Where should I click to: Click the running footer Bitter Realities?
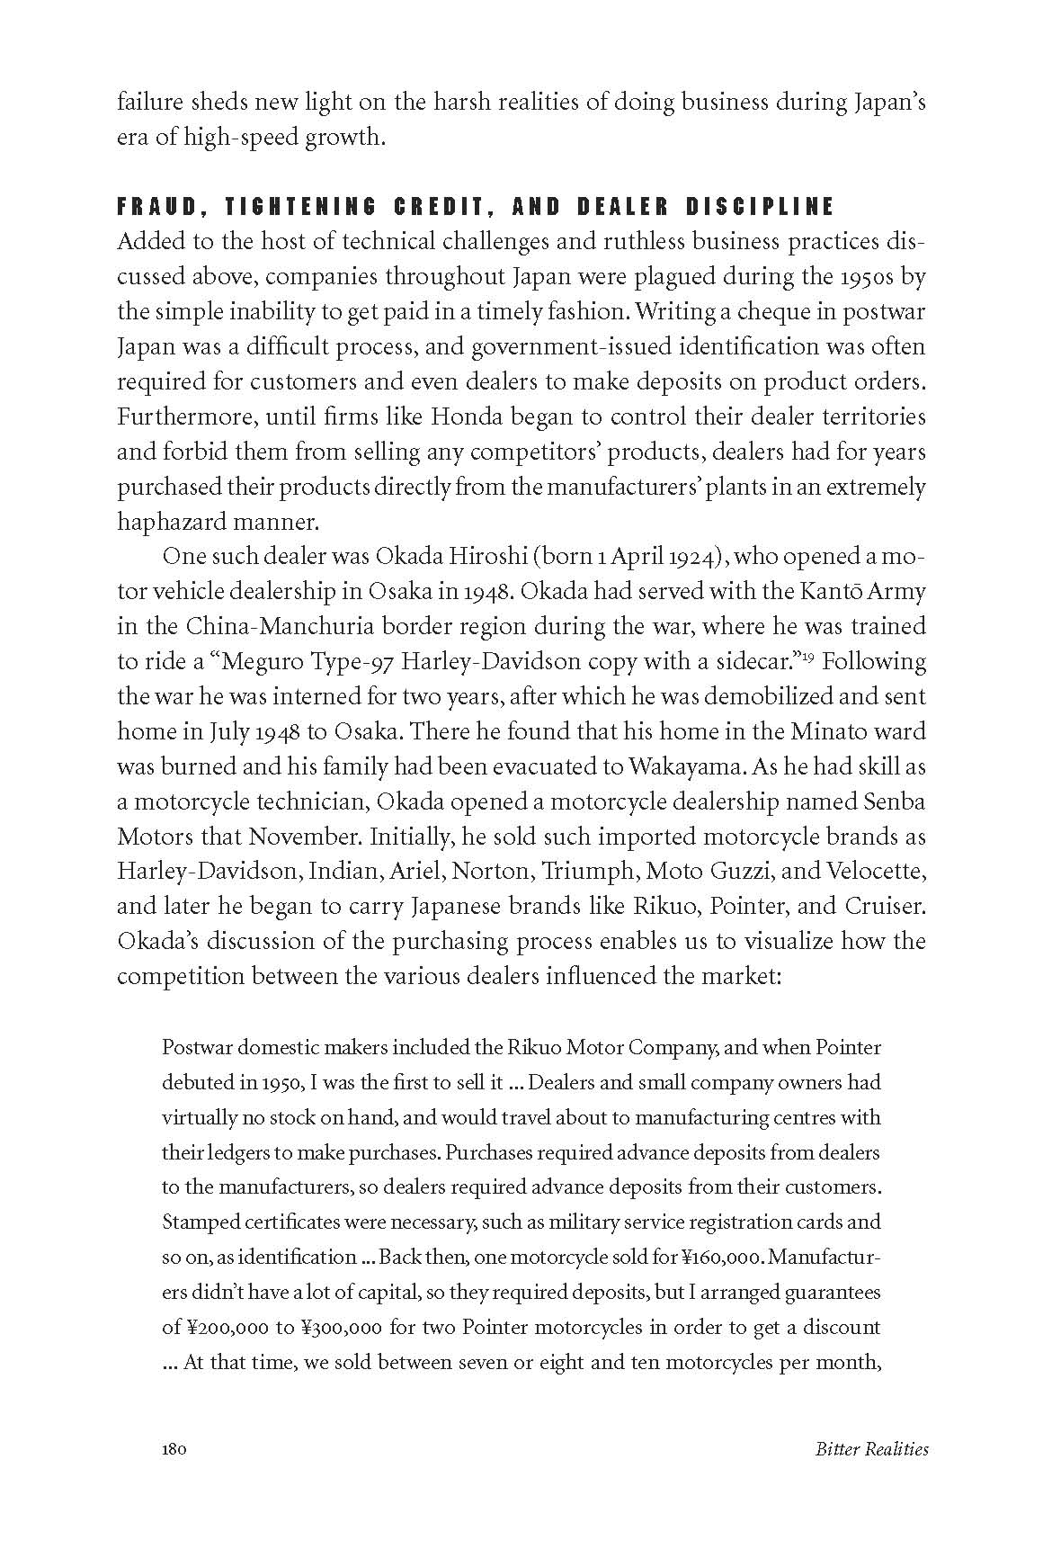[871, 1449]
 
